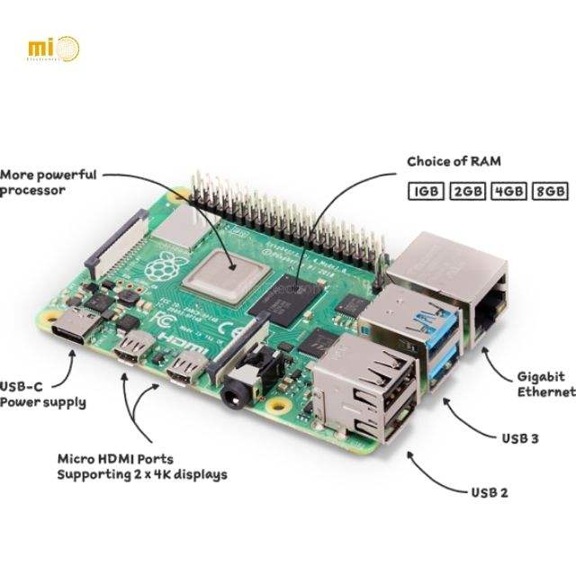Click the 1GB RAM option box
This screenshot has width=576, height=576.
pyautogui.click(x=426, y=192)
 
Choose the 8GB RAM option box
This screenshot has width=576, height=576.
pyautogui.click(x=549, y=192)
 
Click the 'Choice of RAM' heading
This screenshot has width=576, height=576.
pyautogui.click(x=454, y=162)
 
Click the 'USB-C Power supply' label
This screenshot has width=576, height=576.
pyautogui.click(x=42, y=393)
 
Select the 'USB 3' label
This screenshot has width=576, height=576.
pyautogui.click(x=519, y=438)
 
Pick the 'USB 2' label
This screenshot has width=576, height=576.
pyautogui.click(x=490, y=492)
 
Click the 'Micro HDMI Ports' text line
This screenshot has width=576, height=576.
pyautogui.click(x=115, y=458)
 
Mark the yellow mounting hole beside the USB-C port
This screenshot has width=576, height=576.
pyautogui.click(x=59, y=319)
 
